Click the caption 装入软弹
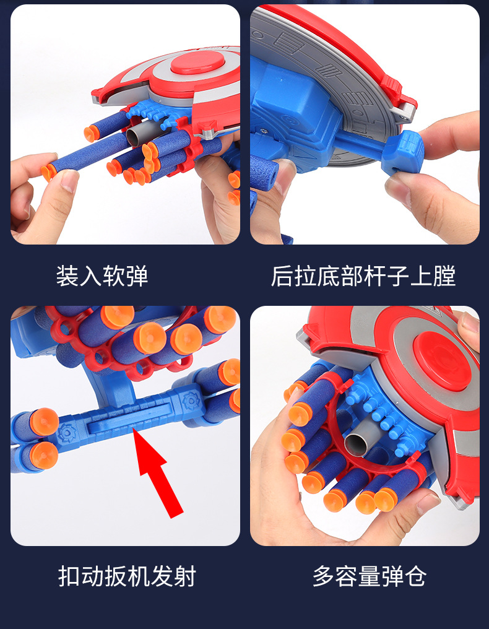(102, 277)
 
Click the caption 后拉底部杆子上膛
(363, 277)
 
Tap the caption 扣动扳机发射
(127, 576)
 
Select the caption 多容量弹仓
(370, 576)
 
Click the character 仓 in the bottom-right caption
(415, 576)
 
